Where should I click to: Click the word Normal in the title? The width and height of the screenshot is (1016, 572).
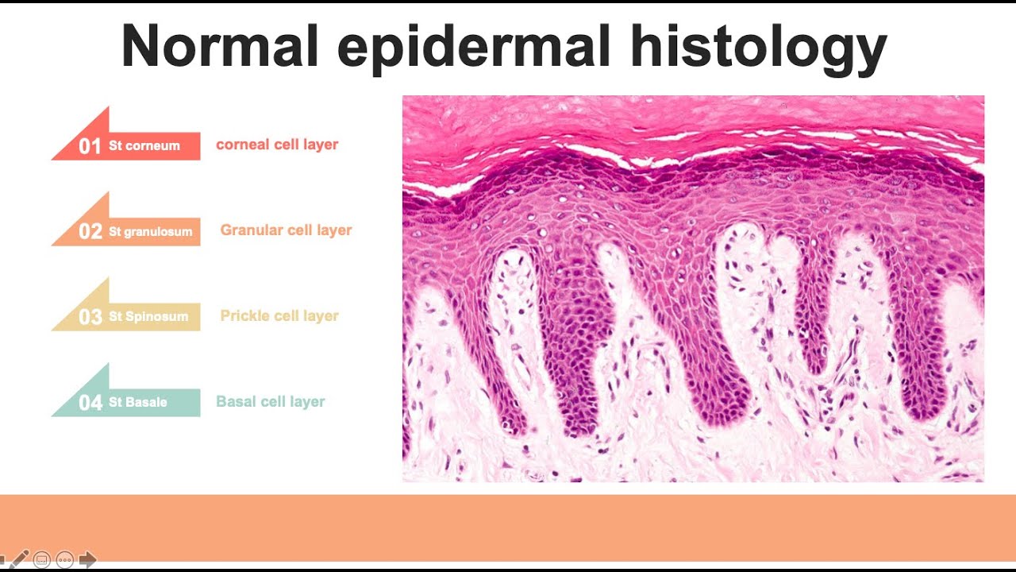click(x=219, y=45)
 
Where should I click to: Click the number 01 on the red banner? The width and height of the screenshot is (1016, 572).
click(x=90, y=146)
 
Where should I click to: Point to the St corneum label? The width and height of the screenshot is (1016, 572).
click(x=144, y=146)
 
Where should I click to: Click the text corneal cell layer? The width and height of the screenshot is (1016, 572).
click(x=277, y=145)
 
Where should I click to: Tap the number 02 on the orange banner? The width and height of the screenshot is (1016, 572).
click(x=90, y=232)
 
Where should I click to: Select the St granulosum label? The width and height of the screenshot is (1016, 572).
click(x=151, y=232)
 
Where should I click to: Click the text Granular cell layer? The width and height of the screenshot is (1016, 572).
click(x=286, y=230)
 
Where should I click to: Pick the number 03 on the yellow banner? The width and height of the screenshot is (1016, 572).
click(x=90, y=317)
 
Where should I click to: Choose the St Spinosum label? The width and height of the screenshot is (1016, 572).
click(x=148, y=317)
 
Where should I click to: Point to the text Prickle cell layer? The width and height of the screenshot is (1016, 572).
click(x=279, y=316)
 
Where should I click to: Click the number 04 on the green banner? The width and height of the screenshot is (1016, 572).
click(x=90, y=403)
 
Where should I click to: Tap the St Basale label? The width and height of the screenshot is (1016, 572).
click(x=138, y=403)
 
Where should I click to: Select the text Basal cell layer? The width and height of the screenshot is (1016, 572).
click(x=271, y=402)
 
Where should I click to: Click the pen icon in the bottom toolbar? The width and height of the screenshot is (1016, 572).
click(x=18, y=559)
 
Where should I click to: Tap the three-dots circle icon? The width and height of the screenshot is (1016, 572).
click(x=65, y=559)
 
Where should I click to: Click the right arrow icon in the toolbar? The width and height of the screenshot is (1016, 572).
click(x=87, y=559)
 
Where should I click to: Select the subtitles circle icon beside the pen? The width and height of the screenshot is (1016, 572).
click(x=42, y=559)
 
